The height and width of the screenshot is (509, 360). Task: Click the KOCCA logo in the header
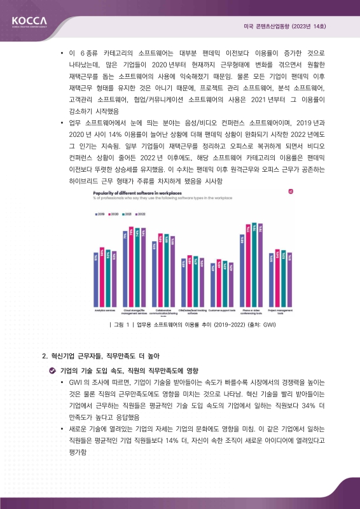coord(29,23)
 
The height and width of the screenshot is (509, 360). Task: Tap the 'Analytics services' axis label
coord(104,310)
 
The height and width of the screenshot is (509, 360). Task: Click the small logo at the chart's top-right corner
coord(291,191)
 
